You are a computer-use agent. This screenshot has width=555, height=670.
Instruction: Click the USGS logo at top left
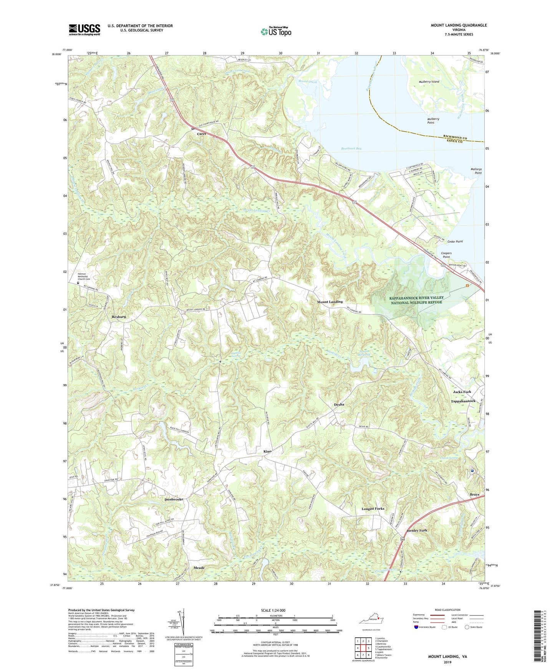(x=84, y=30)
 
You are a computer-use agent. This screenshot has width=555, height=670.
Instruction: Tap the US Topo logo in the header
(x=275, y=31)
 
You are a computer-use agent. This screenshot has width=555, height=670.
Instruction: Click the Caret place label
(x=202, y=134)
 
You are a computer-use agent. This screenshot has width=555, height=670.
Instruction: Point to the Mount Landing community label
(x=330, y=302)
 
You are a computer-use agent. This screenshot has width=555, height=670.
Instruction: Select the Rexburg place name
(x=119, y=317)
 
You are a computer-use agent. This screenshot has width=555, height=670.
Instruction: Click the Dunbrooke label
(x=174, y=499)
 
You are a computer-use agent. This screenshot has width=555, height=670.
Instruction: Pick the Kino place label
(x=267, y=451)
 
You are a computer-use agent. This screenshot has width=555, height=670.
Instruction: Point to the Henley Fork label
(x=417, y=530)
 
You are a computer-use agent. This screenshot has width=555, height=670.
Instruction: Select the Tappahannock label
(x=463, y=401)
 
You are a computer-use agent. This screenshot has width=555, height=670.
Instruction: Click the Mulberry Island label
(x=429, y=82)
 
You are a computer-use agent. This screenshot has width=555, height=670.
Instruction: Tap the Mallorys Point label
(x=476, y=171)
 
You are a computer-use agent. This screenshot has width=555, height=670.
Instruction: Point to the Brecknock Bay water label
(x=351, y=148)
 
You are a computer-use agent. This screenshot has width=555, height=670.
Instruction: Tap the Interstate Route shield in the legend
(x=417, y=627)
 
